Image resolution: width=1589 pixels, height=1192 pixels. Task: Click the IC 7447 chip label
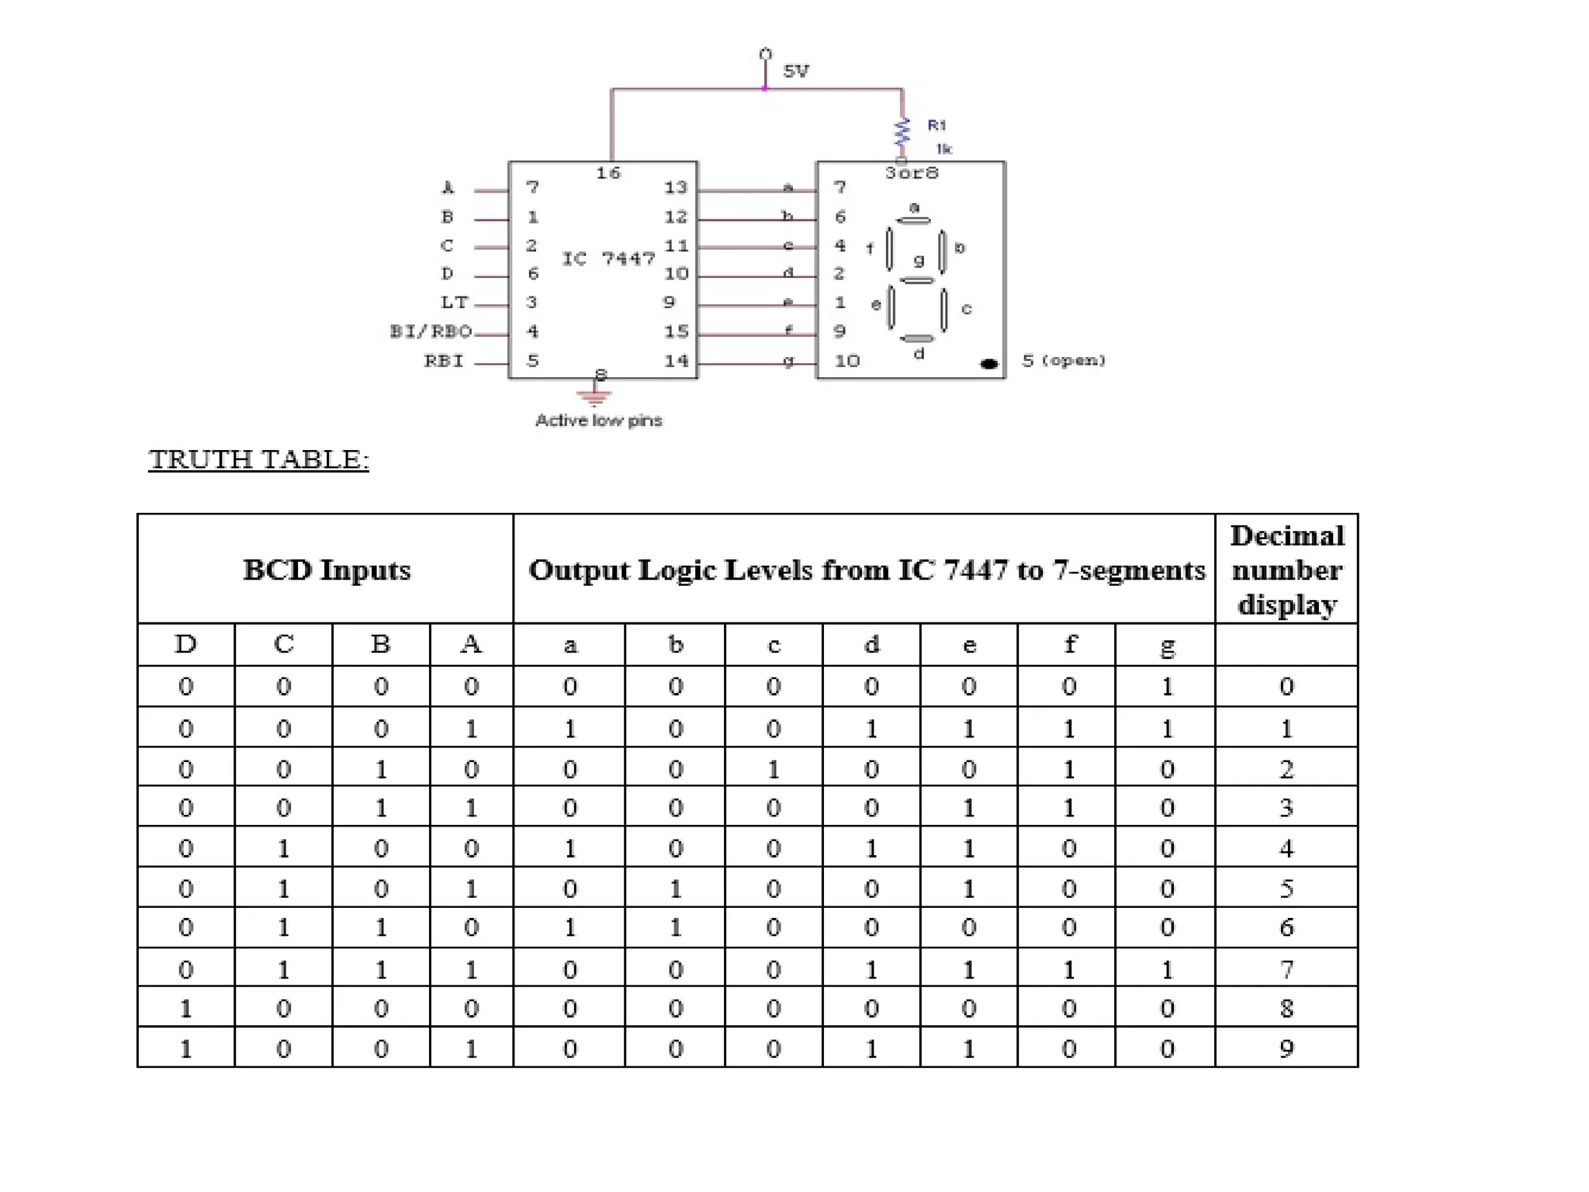click(x=608, y=258)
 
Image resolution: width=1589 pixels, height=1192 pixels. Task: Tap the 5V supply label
click(x=796, y=71)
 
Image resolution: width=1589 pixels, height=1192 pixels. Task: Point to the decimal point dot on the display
click(x=989, y=363)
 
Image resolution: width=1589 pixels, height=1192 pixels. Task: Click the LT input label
click(x=455, y=303)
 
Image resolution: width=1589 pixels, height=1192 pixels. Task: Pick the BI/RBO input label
click(x=431, y=332)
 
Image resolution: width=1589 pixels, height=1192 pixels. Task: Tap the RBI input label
click(x=444, y=362)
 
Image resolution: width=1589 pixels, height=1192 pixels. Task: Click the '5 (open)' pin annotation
click(x=1063, y=361)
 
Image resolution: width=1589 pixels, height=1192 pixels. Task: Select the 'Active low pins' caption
click(x=598, y=421)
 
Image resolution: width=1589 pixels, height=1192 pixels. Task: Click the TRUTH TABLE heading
click(x=258, y=459)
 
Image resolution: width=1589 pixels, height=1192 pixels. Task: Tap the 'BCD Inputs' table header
click(x=327, y=570)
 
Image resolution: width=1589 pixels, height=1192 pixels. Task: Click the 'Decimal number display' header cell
click(x=1286, y=570)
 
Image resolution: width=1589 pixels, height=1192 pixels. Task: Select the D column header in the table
click(x=185, y=645)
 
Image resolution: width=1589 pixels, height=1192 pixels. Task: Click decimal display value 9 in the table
click(x=1286, y=1049)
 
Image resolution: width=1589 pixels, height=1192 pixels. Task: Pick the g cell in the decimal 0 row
click(x=1167, y=687)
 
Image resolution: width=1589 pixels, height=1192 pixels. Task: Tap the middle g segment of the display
click(x=918, y=279)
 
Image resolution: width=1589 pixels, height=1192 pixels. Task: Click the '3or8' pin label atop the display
click(x=912, y=173)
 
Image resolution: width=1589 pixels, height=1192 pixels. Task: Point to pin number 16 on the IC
click(x=608, y=173)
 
